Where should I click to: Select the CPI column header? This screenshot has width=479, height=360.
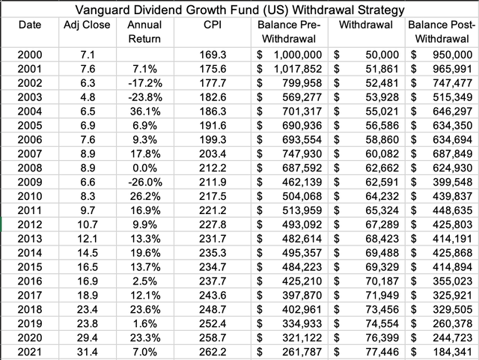(x=211, y=25)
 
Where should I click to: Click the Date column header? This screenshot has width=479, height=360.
(x=30, y=25)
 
